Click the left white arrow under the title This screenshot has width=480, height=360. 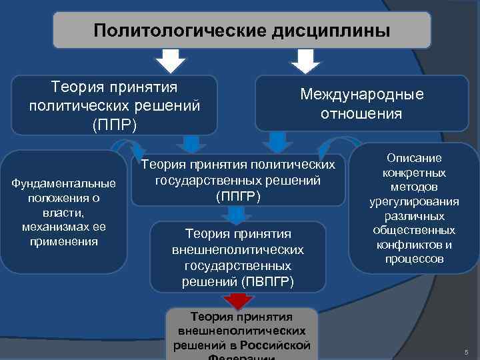click(171, 61)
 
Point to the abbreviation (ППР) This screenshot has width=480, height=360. click(114, 125)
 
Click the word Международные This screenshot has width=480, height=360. click(361, 95)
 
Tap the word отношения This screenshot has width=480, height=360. click(361, 113)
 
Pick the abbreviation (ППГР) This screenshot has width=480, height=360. click(238, 197)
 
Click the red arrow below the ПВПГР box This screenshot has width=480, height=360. click(236, 299)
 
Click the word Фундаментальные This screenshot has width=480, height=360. click(63, 183)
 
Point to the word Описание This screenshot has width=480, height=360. click(415, 158)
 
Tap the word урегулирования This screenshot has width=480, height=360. click(415, 202)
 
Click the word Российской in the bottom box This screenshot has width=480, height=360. click(279, 345)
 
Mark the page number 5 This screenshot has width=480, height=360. click(466, 351)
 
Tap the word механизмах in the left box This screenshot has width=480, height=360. click(63, 227)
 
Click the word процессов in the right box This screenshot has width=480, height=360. click(415, 259)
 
